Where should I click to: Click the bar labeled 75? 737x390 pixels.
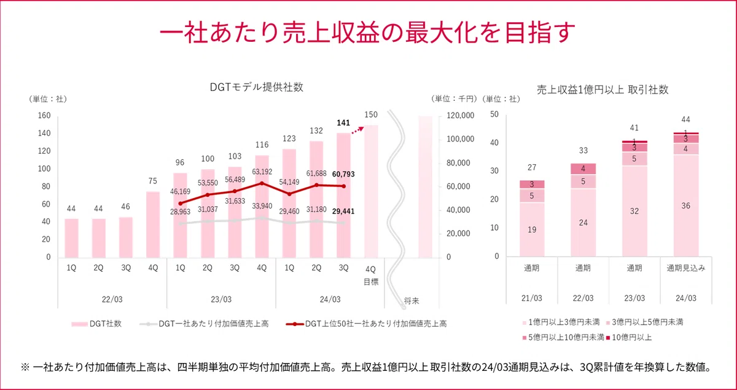coord(153,225)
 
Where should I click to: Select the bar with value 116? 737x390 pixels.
coord(262,206)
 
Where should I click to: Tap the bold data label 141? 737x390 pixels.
coord(343,123)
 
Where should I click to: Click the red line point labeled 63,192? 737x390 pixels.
coord(262,183)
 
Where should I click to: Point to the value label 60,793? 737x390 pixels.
coord(343,174)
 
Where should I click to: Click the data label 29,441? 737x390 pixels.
coord(343,212)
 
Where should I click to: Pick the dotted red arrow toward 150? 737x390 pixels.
coord(357,130)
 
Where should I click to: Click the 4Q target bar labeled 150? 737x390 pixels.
coord(371,191)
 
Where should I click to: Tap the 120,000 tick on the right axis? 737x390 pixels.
coord(460,116)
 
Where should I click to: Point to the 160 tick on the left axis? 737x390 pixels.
coord(44,116)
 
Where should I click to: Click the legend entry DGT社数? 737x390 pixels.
coord(96,324)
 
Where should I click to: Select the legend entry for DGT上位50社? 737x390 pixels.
coord(366,324)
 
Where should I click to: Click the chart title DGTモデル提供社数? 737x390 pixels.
coord(256,87)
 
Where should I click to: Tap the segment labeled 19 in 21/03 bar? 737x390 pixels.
coord(532,229)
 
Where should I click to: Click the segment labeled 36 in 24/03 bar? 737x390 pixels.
coord(685,205)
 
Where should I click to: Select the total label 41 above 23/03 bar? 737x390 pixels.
coord(634,127)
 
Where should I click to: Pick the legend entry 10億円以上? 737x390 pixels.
coord(629,338)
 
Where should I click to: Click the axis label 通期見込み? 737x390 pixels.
coord(686,268)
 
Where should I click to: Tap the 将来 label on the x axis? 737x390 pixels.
coord(411,301)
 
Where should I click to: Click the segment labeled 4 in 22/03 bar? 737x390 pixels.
coord(583,169)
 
